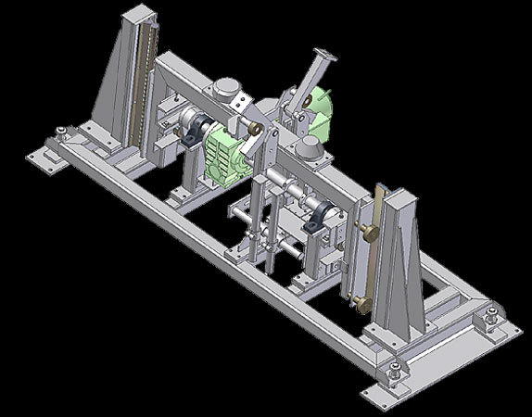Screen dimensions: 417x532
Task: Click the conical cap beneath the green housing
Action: [310, 149]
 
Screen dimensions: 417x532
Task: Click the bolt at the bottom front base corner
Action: [397, 373]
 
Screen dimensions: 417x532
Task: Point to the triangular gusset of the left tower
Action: [112, 93]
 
